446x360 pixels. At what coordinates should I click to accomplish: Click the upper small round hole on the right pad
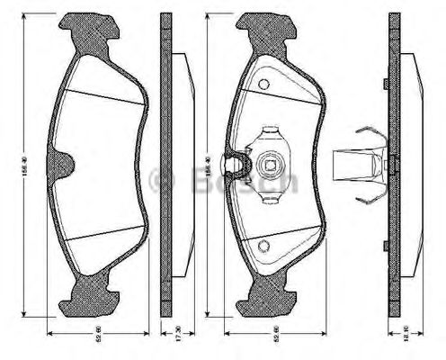click(263, 85)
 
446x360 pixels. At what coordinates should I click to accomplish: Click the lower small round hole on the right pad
click(263, 246)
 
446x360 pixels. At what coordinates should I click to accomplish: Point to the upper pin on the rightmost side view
click(385, 84)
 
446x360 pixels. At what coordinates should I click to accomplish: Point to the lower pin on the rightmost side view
click(385, 246)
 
